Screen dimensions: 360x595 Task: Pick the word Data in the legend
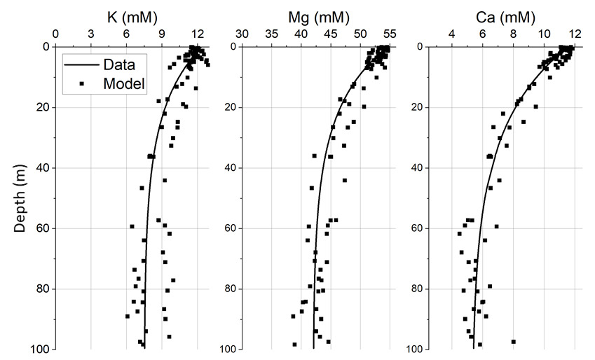click(x=120, y=65)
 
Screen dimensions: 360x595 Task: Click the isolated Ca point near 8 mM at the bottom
click(x=514, y=342)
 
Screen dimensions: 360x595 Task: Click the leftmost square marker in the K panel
click(x=128, y=316)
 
